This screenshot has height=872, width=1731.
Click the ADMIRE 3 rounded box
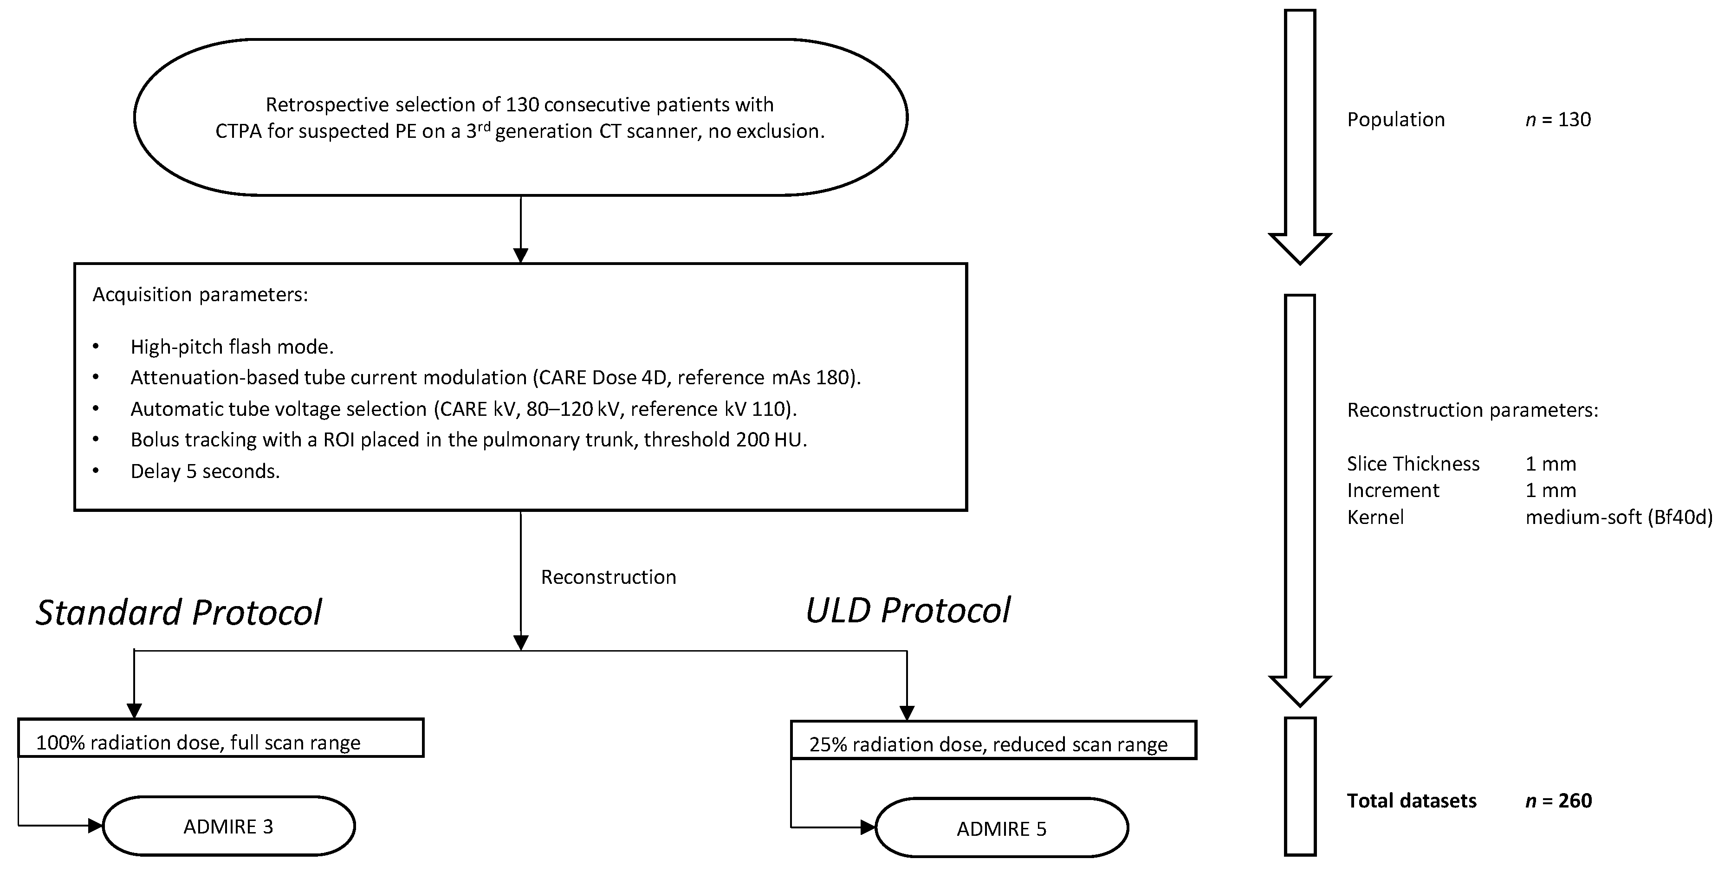click(x=228, y=826)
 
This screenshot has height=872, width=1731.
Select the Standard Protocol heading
click(x=179, y=612)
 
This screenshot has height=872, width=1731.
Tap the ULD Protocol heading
click(x=907, y=610)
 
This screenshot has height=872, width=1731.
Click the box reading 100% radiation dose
click(x=220, y=738)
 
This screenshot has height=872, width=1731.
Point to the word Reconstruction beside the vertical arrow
click(x=608, y=577)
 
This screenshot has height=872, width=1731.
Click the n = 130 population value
click(x=1558, y=120)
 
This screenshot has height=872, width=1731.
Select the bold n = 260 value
click(x=1558, y=801)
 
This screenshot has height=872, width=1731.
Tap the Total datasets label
click(x=1411, y=801)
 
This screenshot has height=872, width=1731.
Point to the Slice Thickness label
click(x=1413, y=464)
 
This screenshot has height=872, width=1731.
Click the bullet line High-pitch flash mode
click(x=232, y=347)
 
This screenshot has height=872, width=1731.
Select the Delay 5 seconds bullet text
click(x=205, y=471)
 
